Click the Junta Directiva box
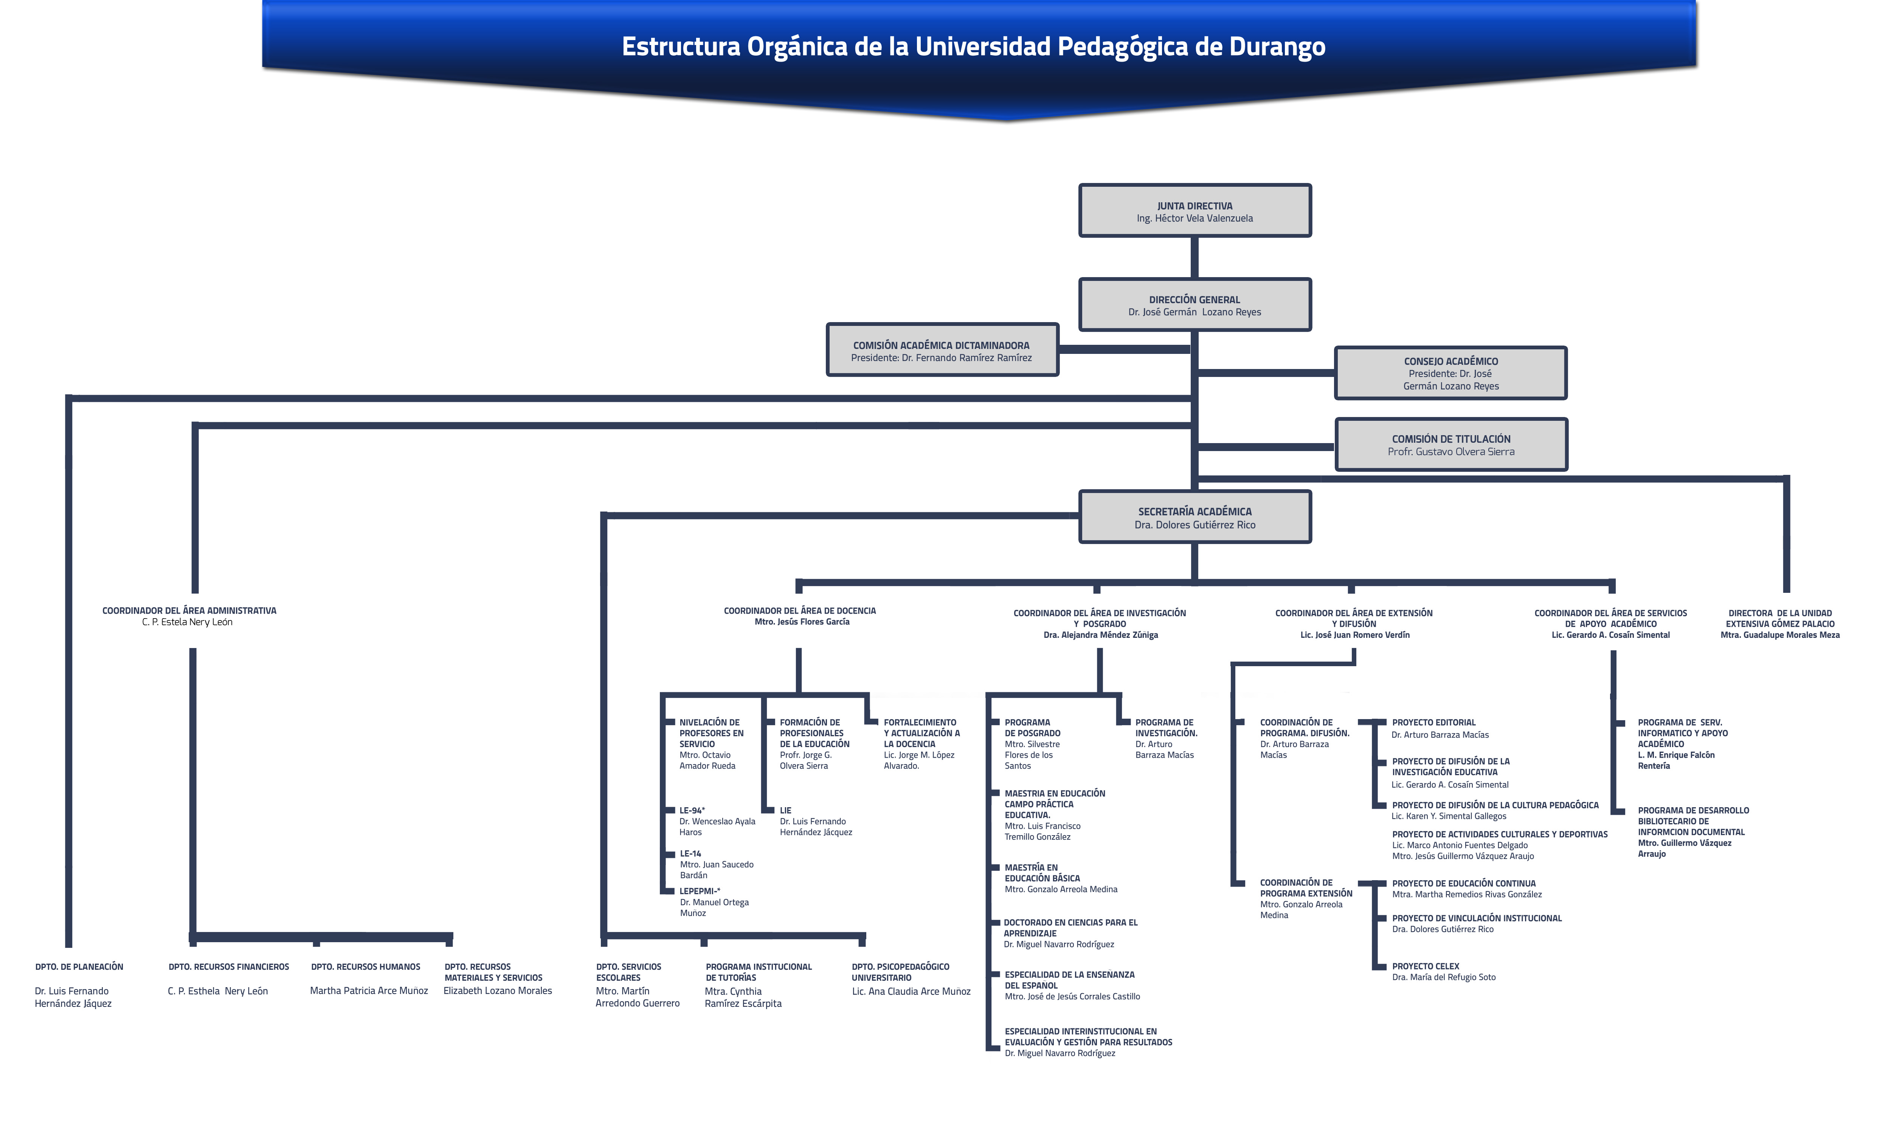1194,210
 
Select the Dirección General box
1194,304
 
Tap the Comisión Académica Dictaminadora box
942,349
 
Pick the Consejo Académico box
1450,373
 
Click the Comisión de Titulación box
1450,444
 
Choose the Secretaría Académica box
1194,517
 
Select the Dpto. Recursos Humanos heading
366,967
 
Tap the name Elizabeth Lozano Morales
498,991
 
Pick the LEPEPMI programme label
700,891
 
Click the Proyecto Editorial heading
1434,722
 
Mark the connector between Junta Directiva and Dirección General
1194,258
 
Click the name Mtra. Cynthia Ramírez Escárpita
743,997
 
